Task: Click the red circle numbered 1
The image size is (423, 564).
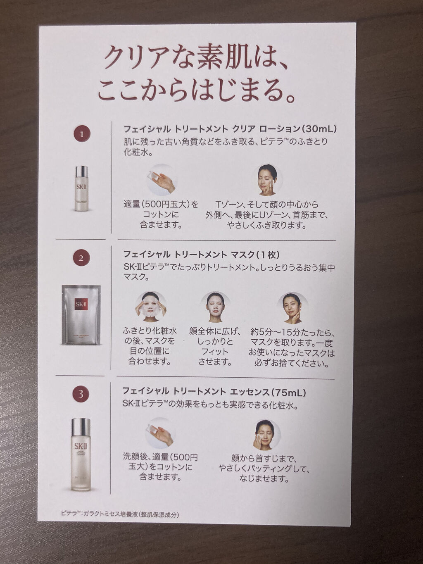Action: pos(81,134)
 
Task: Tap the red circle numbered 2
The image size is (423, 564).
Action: pos(81,258)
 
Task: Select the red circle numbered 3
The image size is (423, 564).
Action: pos(81,394)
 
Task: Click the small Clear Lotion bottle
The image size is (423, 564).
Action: pos(81,188)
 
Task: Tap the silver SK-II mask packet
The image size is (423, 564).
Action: pos(81,309)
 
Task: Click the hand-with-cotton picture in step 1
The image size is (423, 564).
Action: pos(162,181)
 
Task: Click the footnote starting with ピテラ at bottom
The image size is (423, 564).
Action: pos(119,514)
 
